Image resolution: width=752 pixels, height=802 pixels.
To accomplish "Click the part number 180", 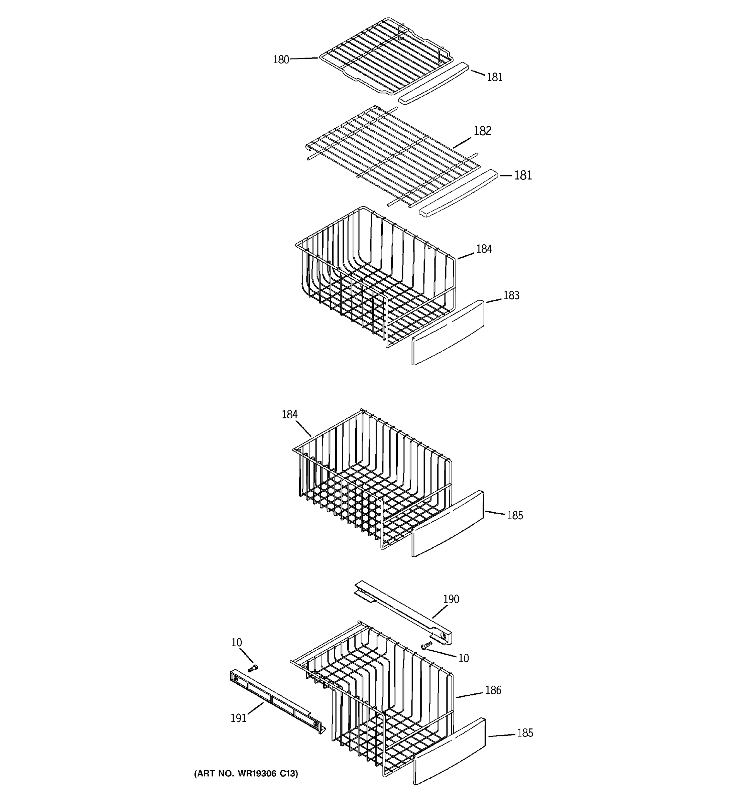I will (281, 60).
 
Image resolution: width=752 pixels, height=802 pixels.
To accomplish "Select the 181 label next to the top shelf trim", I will (494, 77).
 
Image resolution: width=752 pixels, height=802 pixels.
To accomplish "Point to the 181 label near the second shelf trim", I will (523, 175).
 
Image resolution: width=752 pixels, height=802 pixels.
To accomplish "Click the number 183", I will (511, 295).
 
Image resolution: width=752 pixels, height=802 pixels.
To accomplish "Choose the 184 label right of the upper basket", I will (484, 249).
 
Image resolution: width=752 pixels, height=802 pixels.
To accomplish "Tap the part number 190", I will (451, 599).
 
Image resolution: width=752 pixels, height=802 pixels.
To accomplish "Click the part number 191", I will (238, 718).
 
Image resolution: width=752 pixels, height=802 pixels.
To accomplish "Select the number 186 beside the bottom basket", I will (493, 690).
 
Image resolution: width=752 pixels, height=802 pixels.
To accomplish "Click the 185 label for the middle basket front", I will (515, 516).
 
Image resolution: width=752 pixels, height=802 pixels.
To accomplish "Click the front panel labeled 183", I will (447, 333).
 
